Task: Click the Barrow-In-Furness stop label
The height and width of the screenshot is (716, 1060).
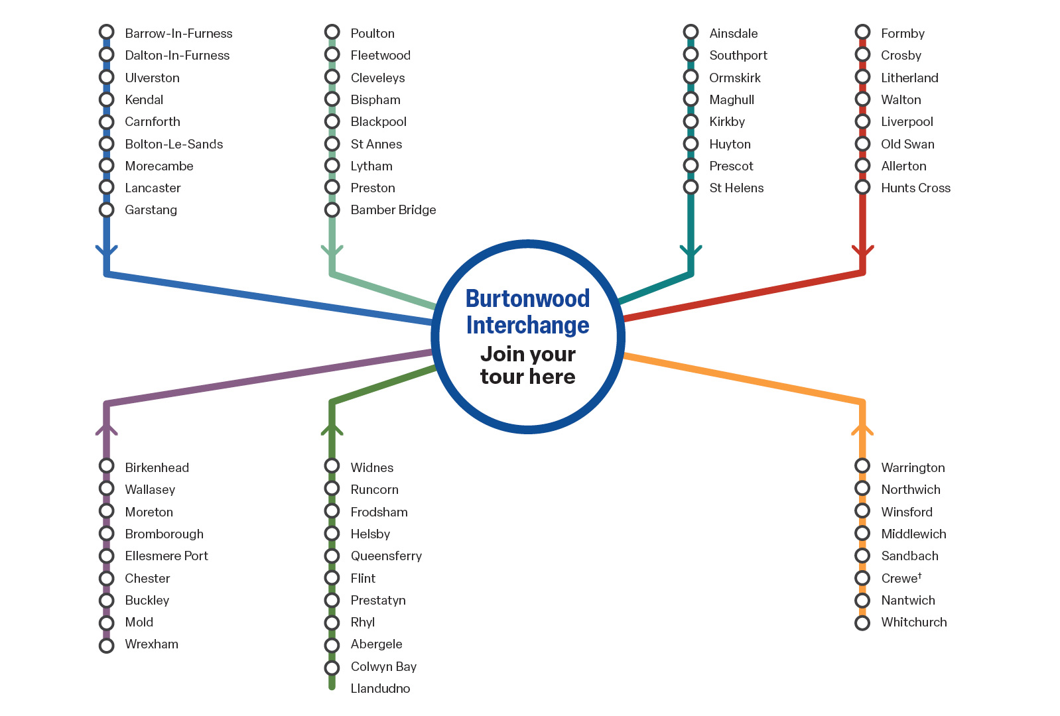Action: click(x=178, y=33)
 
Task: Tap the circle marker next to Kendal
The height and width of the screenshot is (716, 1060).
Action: click(x=106, y=99)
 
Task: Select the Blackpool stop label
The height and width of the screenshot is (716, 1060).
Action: click(x=378, y=122)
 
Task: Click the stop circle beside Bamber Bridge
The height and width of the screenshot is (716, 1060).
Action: click(x=332, y=210)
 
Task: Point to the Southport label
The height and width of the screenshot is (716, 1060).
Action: click(x=738, y=56)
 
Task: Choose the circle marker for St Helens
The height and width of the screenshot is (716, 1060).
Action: click(x=691, y=188)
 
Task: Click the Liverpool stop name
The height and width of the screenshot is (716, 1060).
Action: click(x=907, y=122)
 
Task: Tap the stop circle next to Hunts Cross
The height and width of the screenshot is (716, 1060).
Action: click(x=862, y=188)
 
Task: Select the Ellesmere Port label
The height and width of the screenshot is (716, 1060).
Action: click(x=166, y=556)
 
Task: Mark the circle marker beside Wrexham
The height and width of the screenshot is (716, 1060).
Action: click(x=106, y=645)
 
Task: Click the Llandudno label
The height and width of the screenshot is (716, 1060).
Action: click(x=380, y=689)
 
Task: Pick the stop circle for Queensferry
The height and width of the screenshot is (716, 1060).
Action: click(x=332, y=556)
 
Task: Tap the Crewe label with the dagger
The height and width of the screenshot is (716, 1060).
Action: click(x=901, y=578)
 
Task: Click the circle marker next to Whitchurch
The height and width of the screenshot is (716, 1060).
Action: click(x=862, y=623)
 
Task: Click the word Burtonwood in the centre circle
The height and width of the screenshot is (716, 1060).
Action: click(x=527, y=299)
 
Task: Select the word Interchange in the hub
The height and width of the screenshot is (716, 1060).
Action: click(x=527, y=326)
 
